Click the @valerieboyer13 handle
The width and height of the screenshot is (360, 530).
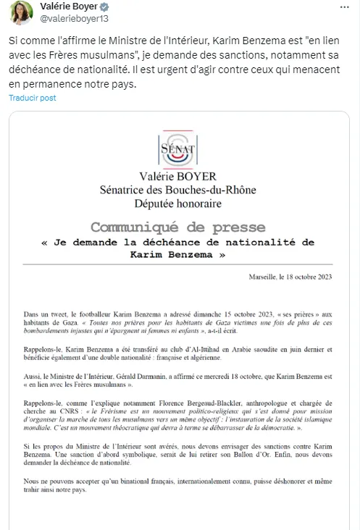click(x=71, y=20)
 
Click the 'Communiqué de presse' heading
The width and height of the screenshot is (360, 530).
click(x=177, y=227)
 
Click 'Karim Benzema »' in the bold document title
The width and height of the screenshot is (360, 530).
click(x=177, y=255)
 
